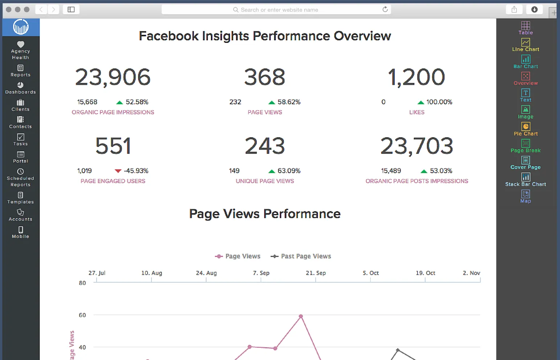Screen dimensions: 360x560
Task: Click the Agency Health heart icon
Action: [21, 44]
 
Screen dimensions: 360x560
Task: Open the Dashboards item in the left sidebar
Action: [21, 88]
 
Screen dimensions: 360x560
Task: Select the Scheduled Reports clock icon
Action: [21, 171]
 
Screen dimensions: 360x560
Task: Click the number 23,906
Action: [113, 77]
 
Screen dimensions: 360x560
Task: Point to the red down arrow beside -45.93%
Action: [118, 171]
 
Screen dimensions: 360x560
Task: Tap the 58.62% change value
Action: [289, 102]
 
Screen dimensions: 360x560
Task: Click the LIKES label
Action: [417, 112]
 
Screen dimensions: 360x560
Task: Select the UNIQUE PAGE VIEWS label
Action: [265, 181]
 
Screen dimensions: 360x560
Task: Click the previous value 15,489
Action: [391, 171]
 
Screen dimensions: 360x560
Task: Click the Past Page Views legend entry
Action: [301, 256]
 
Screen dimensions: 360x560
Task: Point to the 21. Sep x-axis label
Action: [316, 273]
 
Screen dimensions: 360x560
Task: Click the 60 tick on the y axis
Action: [82, 315]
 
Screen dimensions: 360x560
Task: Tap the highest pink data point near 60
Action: [301, 316]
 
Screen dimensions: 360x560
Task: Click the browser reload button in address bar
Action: [385, 9]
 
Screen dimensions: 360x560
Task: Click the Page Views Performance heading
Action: [265, 214]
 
